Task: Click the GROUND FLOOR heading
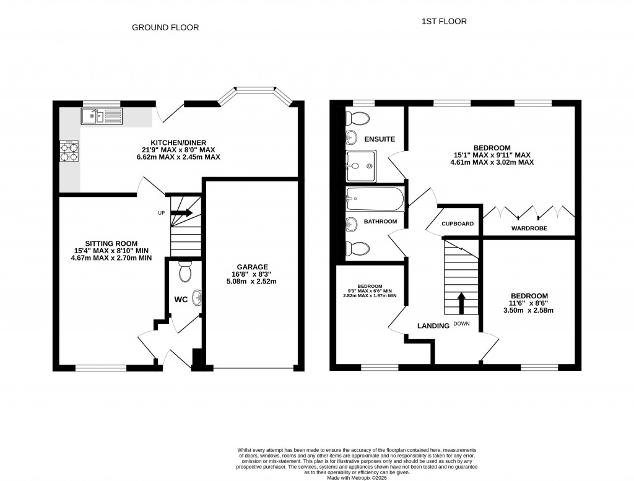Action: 165,28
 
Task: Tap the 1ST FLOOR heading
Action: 444,22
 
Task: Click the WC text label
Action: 181,300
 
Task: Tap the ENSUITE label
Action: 380,139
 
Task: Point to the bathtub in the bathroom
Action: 375,199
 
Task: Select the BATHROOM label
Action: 380,221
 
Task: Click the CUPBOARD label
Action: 458,223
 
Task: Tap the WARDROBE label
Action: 529,228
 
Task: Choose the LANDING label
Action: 433,326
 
